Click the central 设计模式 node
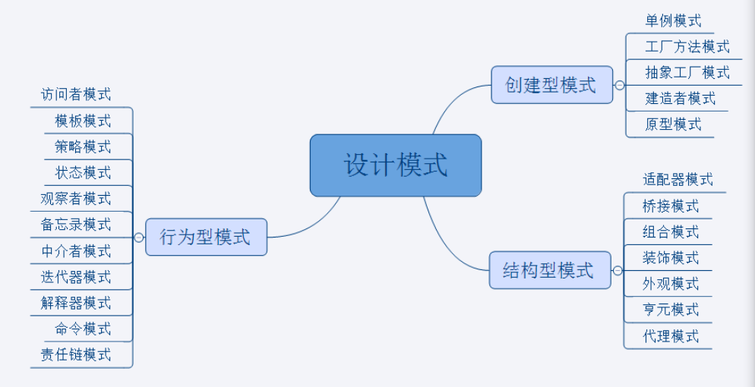click(x=396, y=165)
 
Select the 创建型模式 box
click(x=551, y=84)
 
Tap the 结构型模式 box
click(x=549, y=270)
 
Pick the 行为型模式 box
click(x=206, y=238)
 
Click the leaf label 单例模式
click(x=673, y=21)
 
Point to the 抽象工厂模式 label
click(x=687, y=73)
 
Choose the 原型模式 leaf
click(x=673, y=124)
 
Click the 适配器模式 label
click(x=678, y=180)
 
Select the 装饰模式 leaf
click(x=671, y=258)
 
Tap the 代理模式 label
click(x=671, y=336)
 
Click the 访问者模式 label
click(x=76, y=95)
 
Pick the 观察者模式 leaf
click(x=76, y=199)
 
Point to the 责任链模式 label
click(x=76, y=354)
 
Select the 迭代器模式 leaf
click(x=76, y=277)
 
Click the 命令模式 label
click(x=83, y=329)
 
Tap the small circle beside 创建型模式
click(x=620, y=85)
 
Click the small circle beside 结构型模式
click(x=618, y=271)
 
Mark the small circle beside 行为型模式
click(x=138, y=238)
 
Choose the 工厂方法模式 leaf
click(x=687, y=47)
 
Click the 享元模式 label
click(x=671, y=310)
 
